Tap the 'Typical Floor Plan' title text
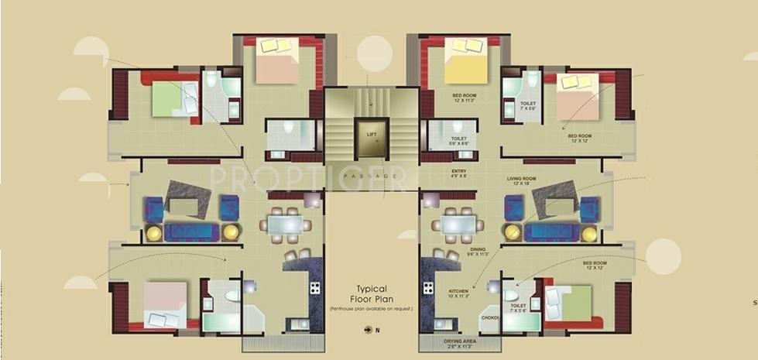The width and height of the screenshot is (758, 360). [371, 293]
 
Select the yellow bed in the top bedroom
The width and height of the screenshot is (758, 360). [465, 62]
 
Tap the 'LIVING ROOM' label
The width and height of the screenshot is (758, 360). [521, 179]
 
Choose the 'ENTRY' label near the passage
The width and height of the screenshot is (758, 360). [458, 170]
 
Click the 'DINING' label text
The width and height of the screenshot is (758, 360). [477, 249]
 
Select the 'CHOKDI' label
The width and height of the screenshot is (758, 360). [489, 317]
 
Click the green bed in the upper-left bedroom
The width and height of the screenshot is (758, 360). [171, 98]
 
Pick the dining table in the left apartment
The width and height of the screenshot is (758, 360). [285, 225]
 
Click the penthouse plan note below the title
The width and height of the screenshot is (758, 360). [371, 308]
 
